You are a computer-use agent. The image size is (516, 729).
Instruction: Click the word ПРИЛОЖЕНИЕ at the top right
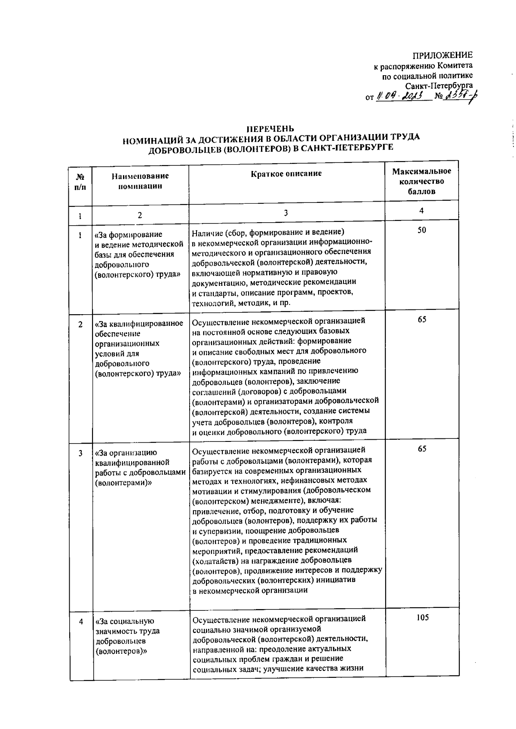[x=442, y=55]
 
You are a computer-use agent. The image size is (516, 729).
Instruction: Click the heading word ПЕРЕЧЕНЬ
[x=270, y=129]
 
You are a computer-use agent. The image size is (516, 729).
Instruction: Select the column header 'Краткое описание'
[x=286, y=174]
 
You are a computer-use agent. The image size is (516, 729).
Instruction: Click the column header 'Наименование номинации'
[x=140, y=181]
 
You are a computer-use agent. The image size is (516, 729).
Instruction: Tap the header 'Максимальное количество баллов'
[x=421, y=181]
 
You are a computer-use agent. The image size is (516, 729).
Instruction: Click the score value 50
[x=422, y=230]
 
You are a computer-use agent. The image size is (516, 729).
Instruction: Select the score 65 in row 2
[x=422, y=320]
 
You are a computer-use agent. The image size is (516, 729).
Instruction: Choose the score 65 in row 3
[x=422, y=449]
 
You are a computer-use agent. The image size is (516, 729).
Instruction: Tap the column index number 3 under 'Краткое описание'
[x=286, y=212]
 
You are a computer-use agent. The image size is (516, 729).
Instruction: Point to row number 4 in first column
[x=81, y=621]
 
